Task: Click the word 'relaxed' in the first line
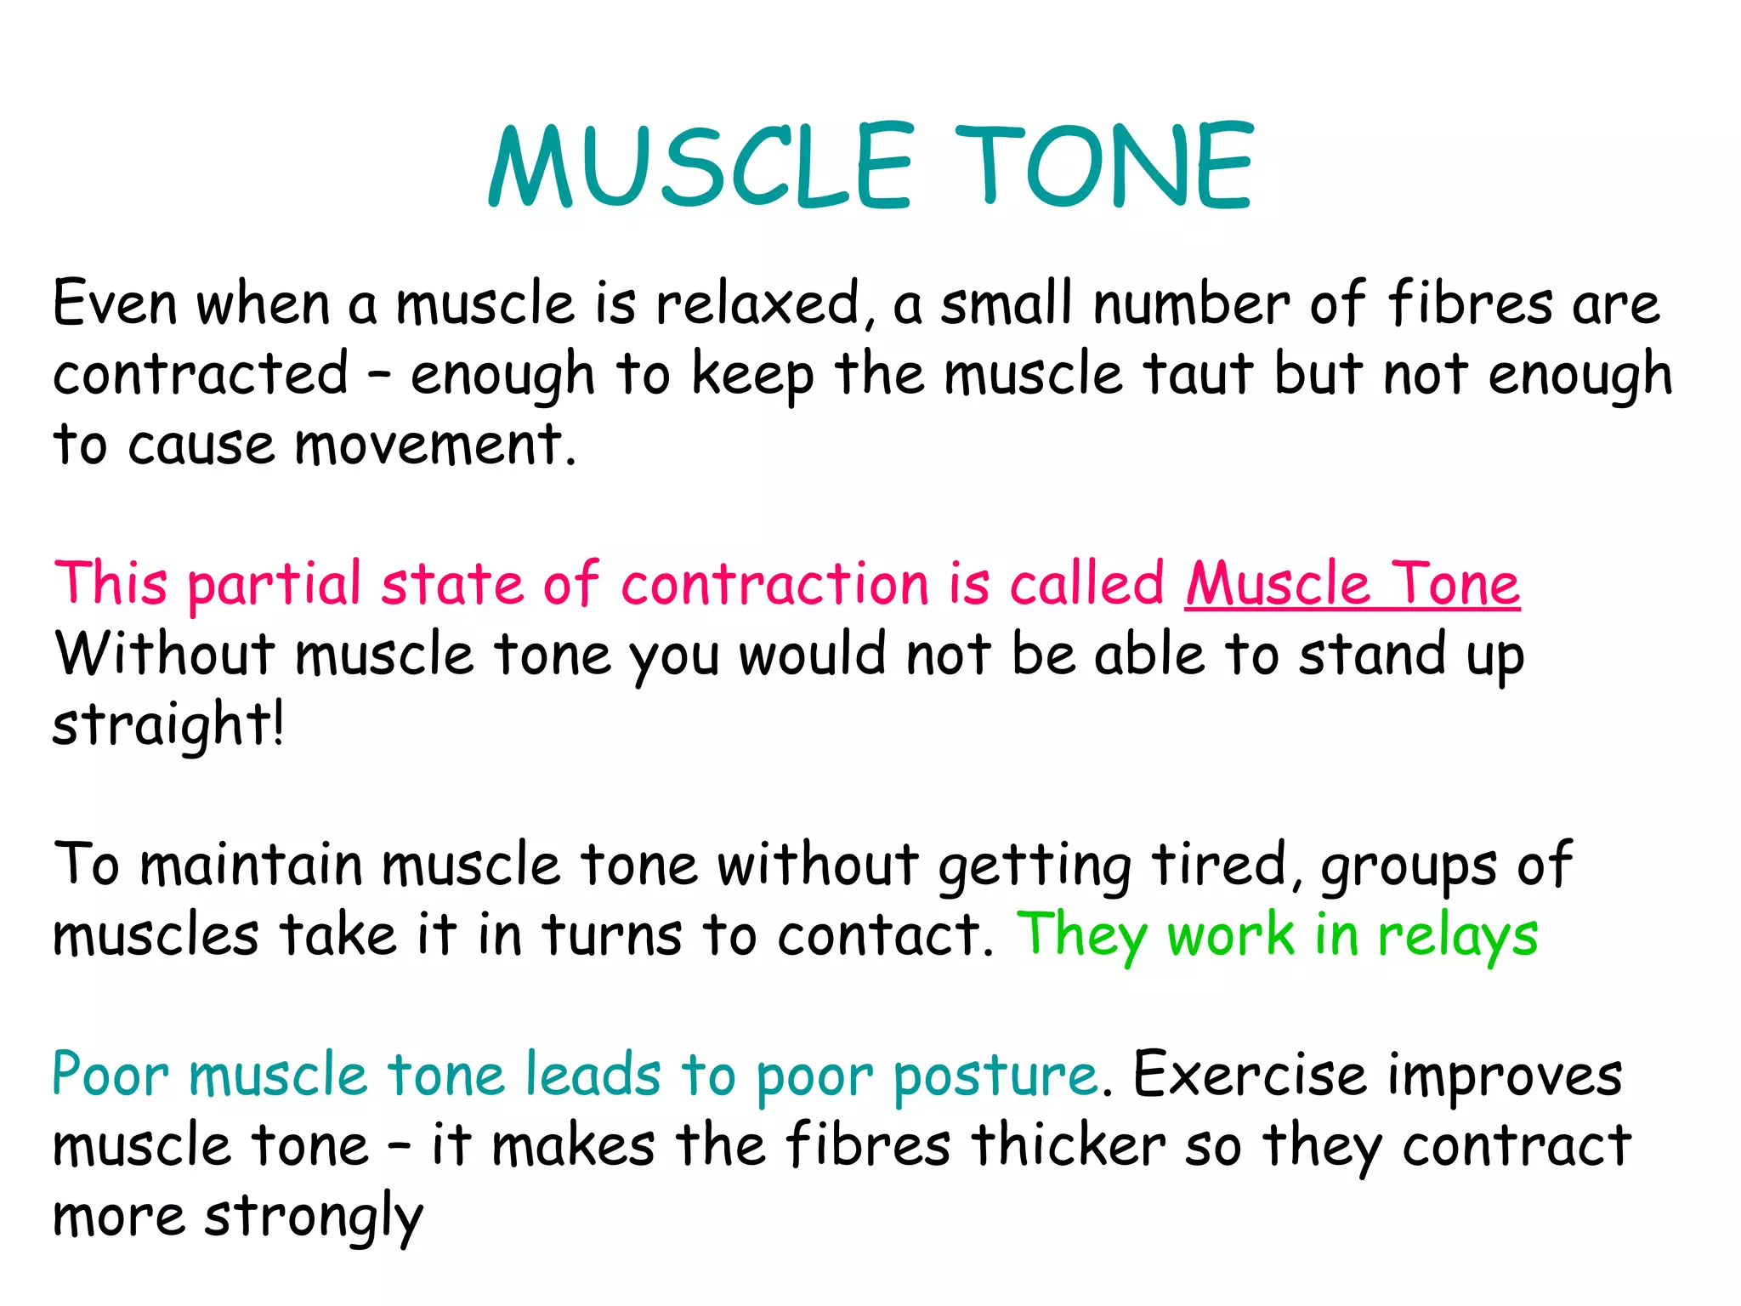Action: (758, 304)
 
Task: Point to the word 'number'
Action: (1192, 304)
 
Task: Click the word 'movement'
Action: (429, 445)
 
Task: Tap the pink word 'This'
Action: (111, 584)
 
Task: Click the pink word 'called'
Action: (1087, 584)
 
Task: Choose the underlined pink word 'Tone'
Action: (1455, 584)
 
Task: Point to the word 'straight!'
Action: (168, 725)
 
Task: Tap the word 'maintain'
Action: (252, 866)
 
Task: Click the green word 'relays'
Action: (1457, 936)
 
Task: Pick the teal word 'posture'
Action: (995, 1076)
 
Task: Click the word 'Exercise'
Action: (1250, 1075)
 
